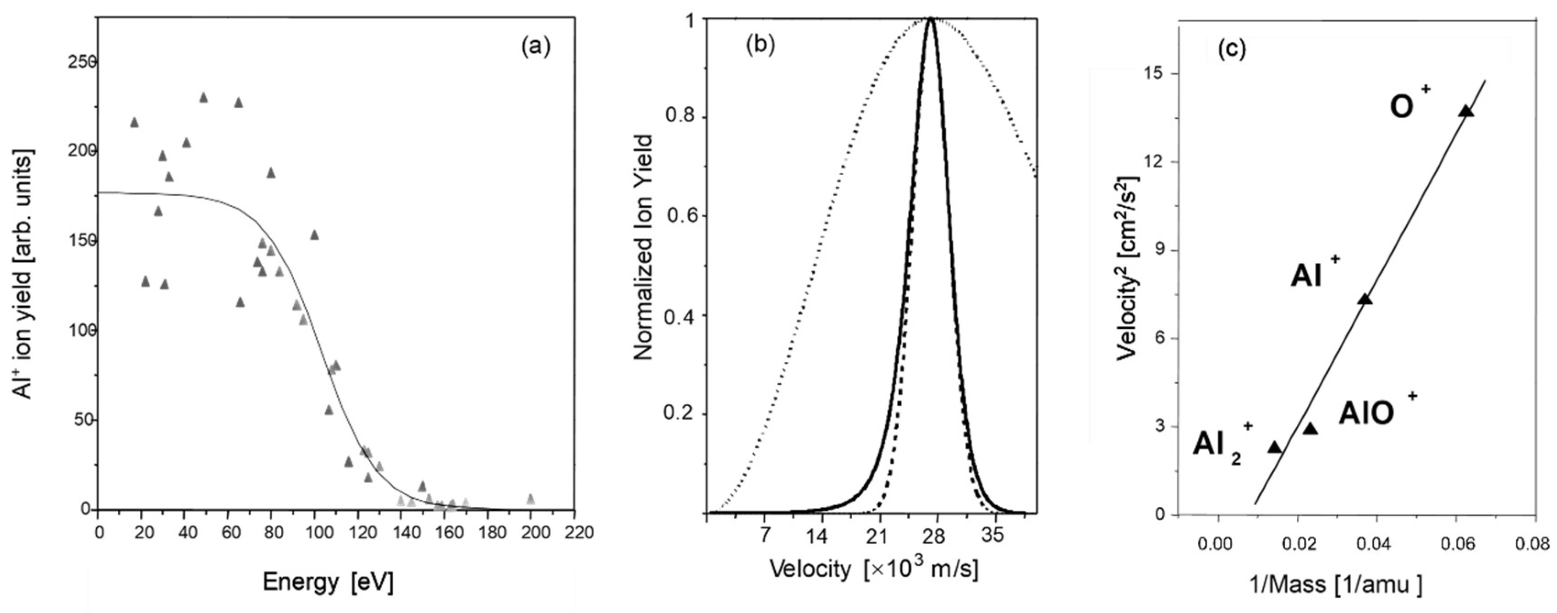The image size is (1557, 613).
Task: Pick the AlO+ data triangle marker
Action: click(1310, 429)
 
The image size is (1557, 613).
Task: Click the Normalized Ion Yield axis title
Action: click(644, 248)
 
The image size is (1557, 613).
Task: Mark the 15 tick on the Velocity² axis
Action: click(1156, 73)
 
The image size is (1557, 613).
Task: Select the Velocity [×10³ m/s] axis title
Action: click(873, 568)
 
